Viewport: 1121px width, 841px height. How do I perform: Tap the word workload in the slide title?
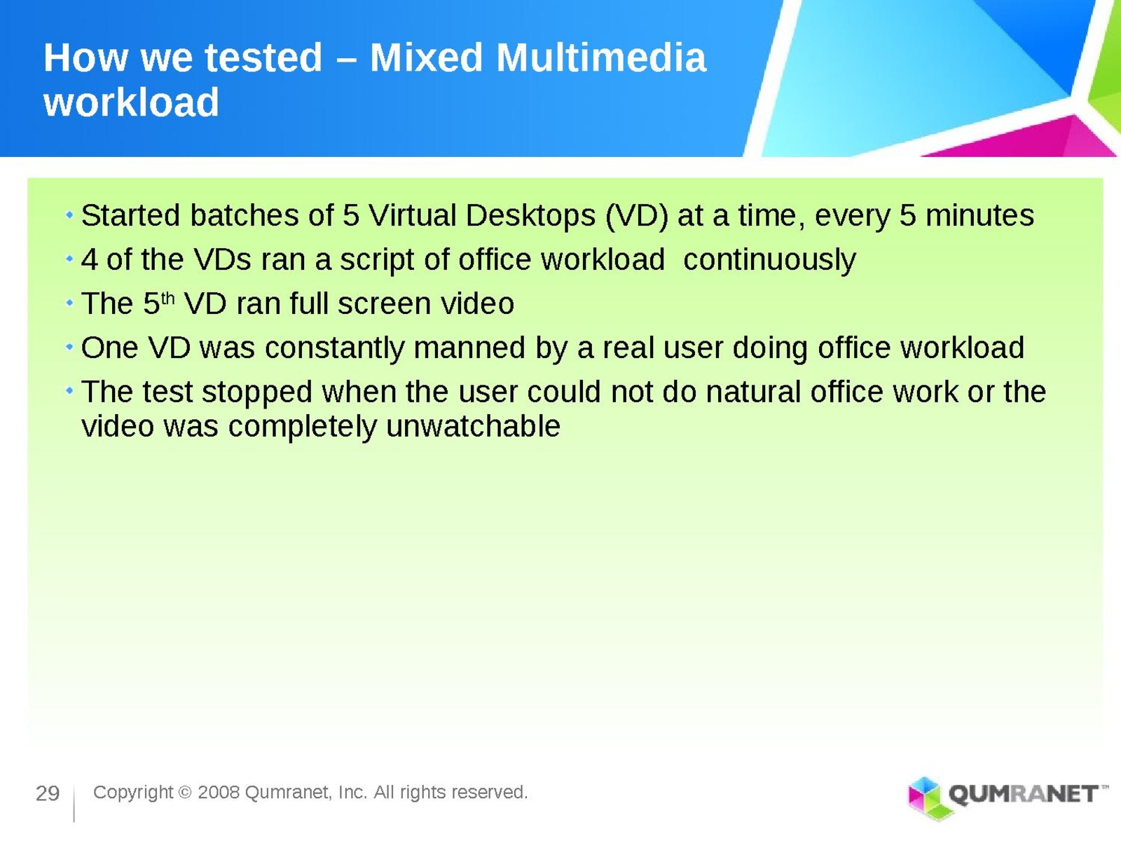[131, 102]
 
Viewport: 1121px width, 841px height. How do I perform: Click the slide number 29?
[48, 793]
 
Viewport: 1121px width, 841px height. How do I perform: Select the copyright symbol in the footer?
[186, 793]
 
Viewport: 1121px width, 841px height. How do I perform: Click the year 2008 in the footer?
[219, 792]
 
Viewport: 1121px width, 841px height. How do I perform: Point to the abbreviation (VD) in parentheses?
[636, 215]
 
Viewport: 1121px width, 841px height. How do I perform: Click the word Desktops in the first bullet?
[530, 215]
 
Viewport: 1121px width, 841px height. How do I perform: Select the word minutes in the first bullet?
[979, 215]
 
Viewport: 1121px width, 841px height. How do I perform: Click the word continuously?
[769, 260]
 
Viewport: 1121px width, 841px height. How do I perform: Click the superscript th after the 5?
[167, 297]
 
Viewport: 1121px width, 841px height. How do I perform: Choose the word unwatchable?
[473, 426]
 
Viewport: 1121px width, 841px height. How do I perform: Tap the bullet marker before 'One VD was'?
[69, 347]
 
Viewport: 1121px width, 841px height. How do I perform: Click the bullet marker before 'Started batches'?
[69, 215]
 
